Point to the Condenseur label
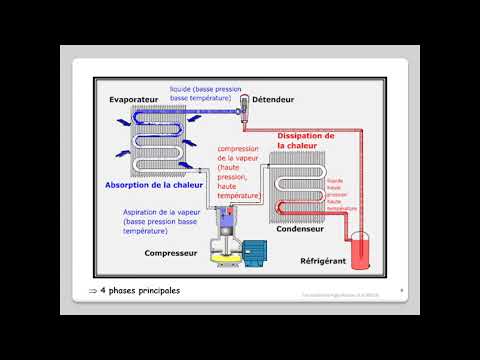point(300,224)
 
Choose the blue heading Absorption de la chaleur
point(153,184)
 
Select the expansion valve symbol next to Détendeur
point(243,113)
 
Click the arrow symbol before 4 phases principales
point(92,291)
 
